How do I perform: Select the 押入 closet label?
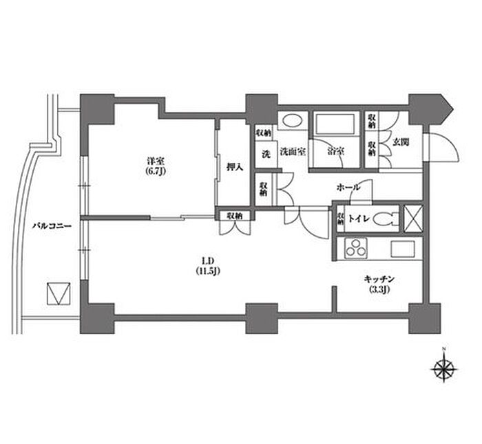click(x=235, y=166)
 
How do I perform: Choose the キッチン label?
click(x=378, y=280)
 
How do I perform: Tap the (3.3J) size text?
click(x=378, y=289)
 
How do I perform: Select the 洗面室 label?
click(x=293, y=151)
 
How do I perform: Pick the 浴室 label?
click(x=336, y=151)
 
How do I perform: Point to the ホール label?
click(x=348, y=187)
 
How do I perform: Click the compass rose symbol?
click(x=441, y=369)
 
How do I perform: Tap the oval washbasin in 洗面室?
click(x=292, y=121)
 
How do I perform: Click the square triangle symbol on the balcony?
click(x=58, y=293)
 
